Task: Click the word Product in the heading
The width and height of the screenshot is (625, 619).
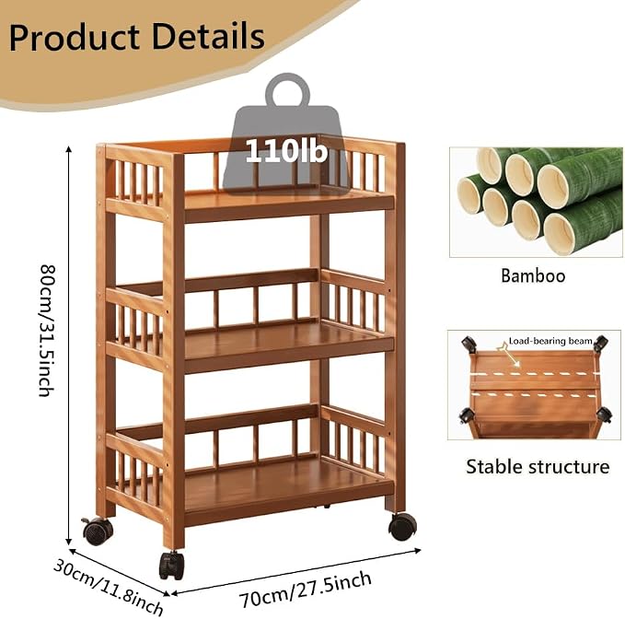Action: [75, 38]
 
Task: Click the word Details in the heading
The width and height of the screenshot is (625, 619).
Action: [208, 37]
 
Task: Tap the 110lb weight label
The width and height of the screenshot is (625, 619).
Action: [286, 151]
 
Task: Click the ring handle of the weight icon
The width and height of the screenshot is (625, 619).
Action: [287, 90]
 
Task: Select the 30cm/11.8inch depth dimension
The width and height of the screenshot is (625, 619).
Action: [108, 587]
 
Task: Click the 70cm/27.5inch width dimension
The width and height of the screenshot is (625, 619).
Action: [306, 590]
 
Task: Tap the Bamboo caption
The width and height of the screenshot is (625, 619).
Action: [533, 275]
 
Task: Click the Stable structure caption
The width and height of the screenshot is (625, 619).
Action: [538, 466]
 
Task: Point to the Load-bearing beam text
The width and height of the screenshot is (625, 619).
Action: [550, 341]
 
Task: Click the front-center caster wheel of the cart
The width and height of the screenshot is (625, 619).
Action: [172, 566]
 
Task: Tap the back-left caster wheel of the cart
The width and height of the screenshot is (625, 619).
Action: [98, 531]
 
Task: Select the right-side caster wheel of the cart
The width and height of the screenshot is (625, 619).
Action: [402, 527]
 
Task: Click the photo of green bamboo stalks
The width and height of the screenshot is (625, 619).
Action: [536, 203]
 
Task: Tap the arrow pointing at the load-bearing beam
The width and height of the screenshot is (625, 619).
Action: [509, 356]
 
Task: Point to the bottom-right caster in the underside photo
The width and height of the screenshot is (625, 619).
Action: [604, 415]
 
